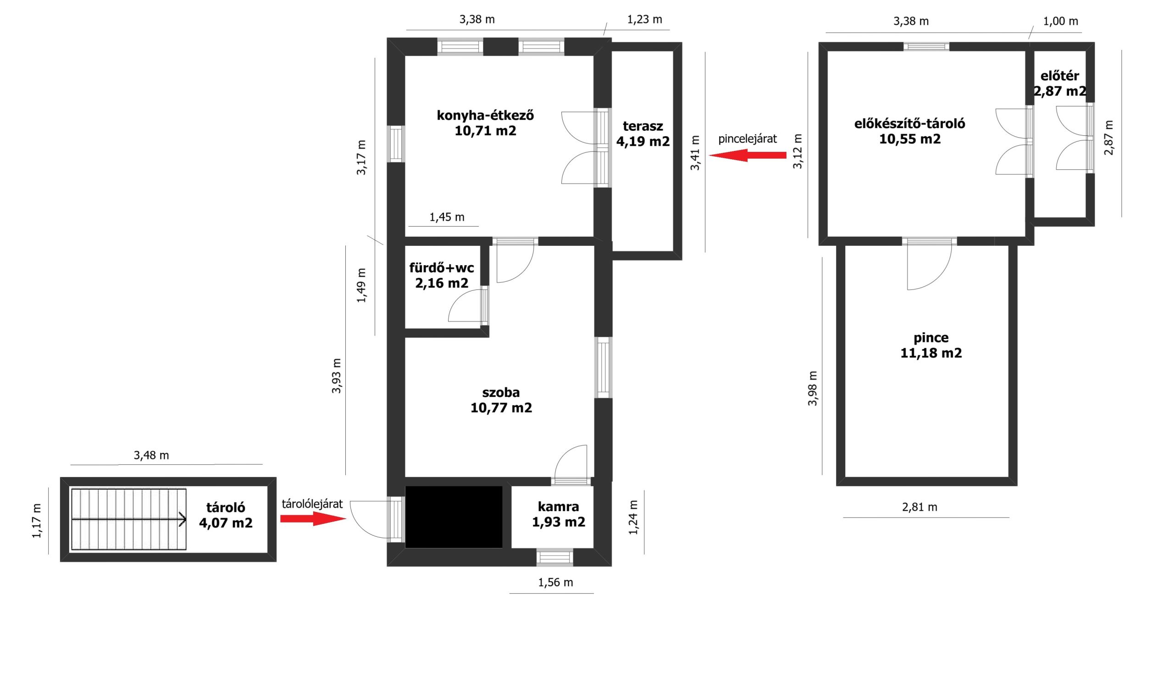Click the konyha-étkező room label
pyautogui.click(x=485, y=123)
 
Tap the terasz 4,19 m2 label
pyautogui.click(x=642, y=133)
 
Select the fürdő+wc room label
pyautogui.click(x=442, y=276)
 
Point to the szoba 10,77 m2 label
pyautogui.click(x=501, y=400)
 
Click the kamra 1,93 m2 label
pyautogui.click(x=558, y=514)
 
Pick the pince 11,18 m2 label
pyautogui.click(x=931, y=345)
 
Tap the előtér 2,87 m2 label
pyautogui.click(x=1059, y=83)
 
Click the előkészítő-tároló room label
pyautogui.click(x=909, y=131)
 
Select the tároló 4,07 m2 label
pyautogui.click(x=226, y=515)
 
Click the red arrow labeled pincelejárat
pyautogui.click(x=748, y=156)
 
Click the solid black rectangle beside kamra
pyautogui.click(x=454, y=517)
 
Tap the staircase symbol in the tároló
pyautogui.click(x=129, y=519)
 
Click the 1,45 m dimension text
pyautogui.click(x=447, y=217)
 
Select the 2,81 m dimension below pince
pyautogui.click(x=919, y=507)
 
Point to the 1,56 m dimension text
pyautogui.click(x=555, y=583)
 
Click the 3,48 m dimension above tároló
pyautogui.click(x=151, y=455)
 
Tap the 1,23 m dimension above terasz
pyautogui.click(x=644, y=19)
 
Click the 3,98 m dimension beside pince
pyautogui.click(x=813, y=388)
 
